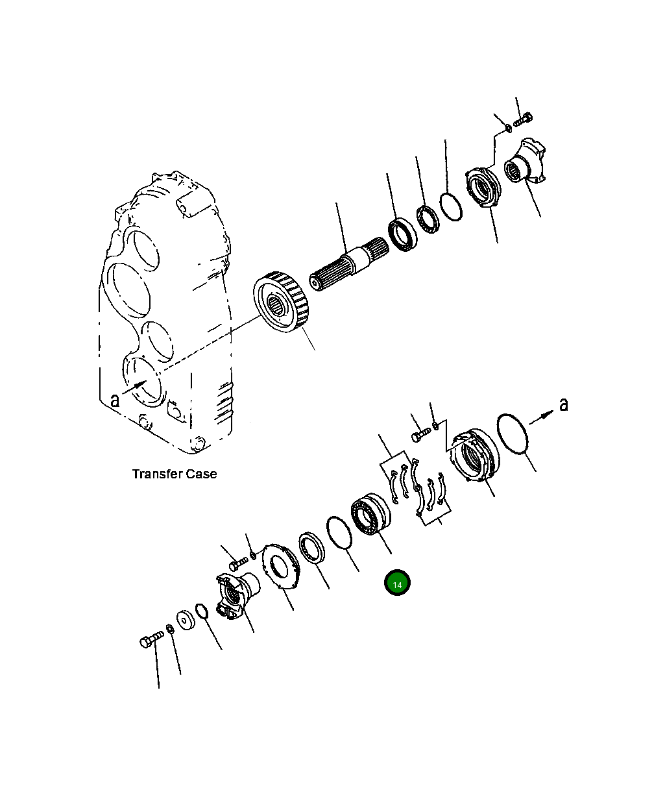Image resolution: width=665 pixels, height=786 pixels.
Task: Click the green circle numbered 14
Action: [x=397, y=583]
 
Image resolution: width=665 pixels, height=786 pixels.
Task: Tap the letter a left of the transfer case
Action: [x=115, y=400]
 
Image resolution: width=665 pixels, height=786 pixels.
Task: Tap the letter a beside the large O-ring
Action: [x=563, y=404]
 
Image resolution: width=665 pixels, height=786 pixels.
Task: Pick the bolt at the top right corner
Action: [x=523, y=120]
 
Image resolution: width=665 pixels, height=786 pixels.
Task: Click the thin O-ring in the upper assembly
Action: [x=450, y=206]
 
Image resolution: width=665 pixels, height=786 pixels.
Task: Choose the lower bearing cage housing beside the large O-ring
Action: [x=475, y=456]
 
